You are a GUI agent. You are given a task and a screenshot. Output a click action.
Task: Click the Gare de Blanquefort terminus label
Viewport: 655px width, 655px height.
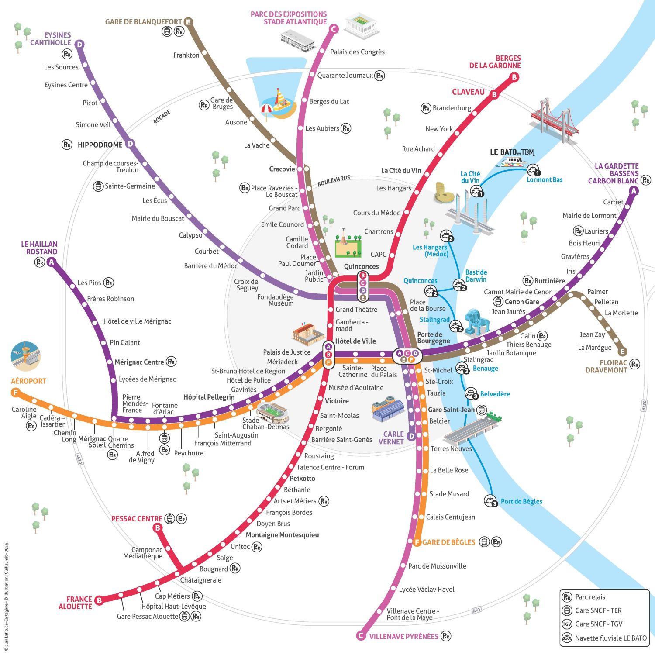pos(143,22)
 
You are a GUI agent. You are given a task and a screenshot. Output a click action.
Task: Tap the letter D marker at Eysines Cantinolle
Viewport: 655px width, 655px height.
pos(79,45)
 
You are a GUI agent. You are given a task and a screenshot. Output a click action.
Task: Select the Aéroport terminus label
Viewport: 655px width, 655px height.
pos(28,381)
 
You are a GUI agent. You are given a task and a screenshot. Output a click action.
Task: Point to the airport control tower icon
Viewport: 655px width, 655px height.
pos(25,356)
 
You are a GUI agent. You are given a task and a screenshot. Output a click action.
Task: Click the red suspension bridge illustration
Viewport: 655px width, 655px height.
pos(554,121)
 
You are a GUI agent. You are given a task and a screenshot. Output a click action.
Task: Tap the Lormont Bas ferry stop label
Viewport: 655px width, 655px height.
pos(545,180)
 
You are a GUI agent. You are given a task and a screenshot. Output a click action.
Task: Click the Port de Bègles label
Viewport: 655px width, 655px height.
pos(521,501)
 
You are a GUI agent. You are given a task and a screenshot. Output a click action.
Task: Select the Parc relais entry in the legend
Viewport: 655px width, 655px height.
pos(590,597)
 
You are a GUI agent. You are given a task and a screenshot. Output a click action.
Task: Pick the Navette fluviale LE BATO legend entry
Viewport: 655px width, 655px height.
pos(610,638)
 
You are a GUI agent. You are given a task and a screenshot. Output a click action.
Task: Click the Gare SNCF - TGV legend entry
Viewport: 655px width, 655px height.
pos(599,624)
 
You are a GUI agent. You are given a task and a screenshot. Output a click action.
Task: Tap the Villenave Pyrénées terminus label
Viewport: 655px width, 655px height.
pos(403,636)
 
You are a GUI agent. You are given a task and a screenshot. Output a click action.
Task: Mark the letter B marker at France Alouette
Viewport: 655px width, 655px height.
pos(99,600)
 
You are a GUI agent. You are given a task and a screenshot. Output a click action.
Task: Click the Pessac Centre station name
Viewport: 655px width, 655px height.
pos(137,519)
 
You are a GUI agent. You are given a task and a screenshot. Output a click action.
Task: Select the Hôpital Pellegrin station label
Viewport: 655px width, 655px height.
pos(209,397)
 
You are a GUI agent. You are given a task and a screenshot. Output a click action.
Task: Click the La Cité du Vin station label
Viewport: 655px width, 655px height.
pos(401,170)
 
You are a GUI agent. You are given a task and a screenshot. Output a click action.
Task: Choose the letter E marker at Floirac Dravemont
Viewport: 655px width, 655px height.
pos(623,352)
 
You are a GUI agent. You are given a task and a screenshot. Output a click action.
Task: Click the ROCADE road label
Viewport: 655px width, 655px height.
pos(162,117)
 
